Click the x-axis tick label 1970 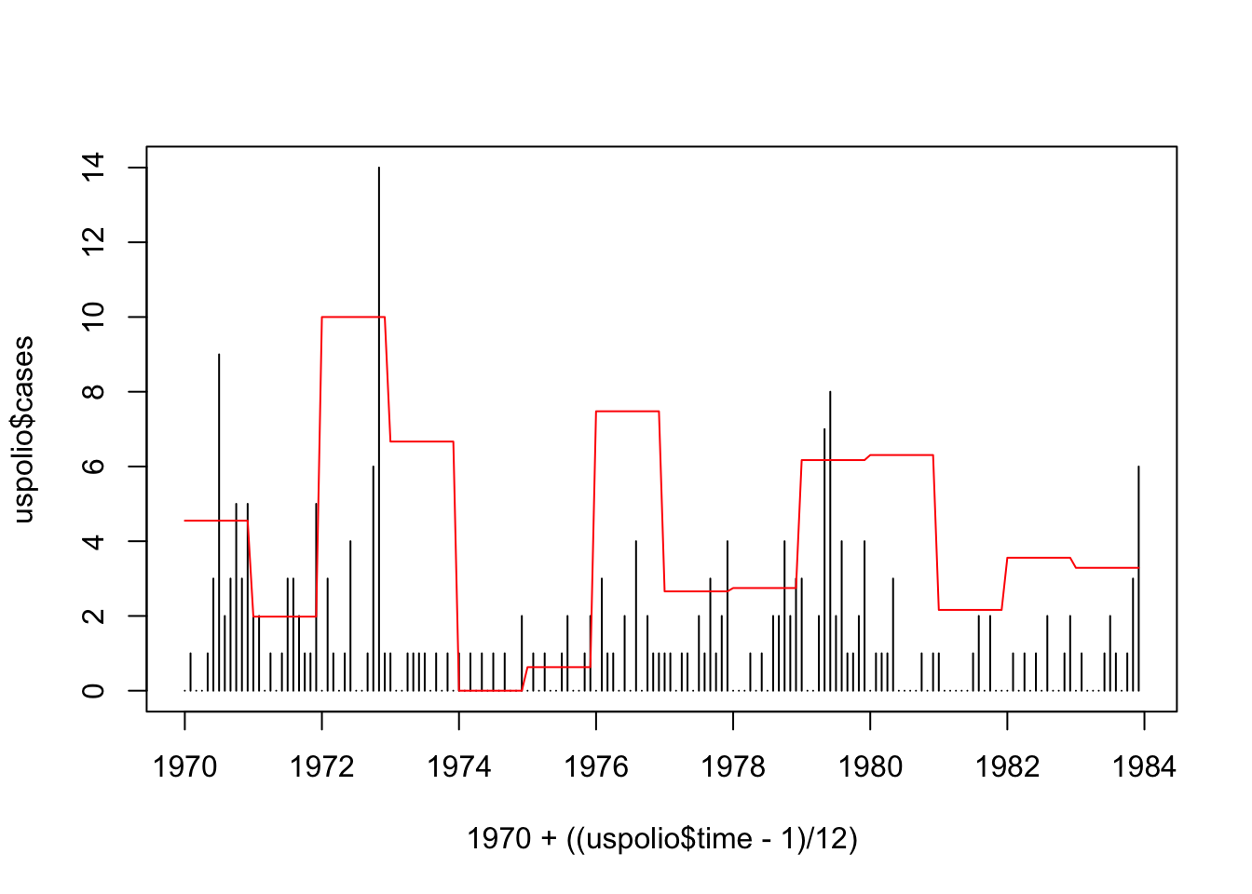[x=184, y=767]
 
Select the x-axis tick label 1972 [x=321, y=767]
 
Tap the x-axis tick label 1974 [x=458, y=767]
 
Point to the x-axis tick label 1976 [x=596, y=767]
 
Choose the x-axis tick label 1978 [x=733, y=767]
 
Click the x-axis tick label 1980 [x=870, y=767]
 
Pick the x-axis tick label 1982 [x=1007, y=767]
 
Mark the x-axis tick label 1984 [x=1144, y=767]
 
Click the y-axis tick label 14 [x=93, y=168]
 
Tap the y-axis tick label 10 [x=93, y=318]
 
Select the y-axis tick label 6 [x=93, y=467]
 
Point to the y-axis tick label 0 [x=93, y=691]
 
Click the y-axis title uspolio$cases [x=23, y=429]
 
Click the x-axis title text [x=661, y=839]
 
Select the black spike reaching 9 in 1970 [x=219, y=466]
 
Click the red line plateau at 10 [x=353, y=317]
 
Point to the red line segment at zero [x=490, y=690]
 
